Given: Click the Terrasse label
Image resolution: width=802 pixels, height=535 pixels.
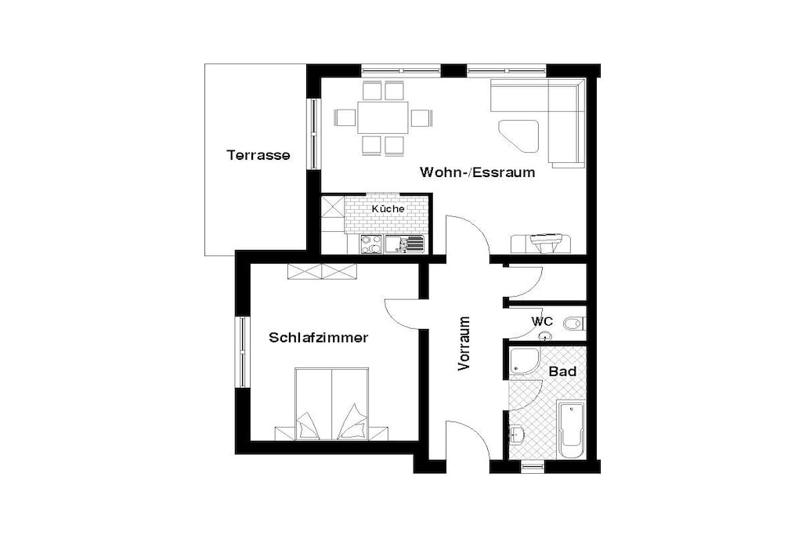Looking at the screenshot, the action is click(x=258, y=155).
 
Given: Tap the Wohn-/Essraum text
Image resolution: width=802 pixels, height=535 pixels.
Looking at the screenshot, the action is click(x=477, y=172).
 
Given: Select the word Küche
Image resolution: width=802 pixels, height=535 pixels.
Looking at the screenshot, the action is click(x=388, y=208).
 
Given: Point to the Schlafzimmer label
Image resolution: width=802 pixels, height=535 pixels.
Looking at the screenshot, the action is click(x=319, y=338).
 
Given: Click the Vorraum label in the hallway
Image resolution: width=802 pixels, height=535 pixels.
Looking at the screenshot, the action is click(x=464, y=343).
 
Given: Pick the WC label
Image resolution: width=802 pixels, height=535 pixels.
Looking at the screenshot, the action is click(x=542, y=322).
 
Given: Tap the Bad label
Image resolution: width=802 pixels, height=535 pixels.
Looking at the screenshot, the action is click(x=562, y=371).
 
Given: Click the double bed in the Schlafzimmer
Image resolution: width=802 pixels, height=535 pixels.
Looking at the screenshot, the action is click(x=332, y=403).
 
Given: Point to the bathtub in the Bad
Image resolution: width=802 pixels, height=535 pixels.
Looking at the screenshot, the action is click(x=571, y=430).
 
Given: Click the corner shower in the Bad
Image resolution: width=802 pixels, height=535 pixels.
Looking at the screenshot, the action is click(x=524, y=362).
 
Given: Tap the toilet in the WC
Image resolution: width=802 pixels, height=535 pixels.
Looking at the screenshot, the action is click(x=574, y=324).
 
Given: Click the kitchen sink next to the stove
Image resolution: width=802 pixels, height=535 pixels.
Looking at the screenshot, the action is click(x=405, y=244).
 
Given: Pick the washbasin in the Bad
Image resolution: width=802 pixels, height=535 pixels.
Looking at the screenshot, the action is click(x=517, y=435).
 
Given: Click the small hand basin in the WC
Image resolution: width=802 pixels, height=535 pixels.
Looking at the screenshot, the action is click(x=546, y=336).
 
